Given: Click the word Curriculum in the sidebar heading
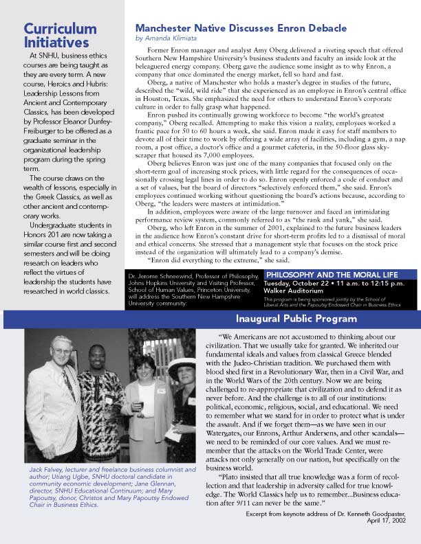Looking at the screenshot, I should tap(61, 28).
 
